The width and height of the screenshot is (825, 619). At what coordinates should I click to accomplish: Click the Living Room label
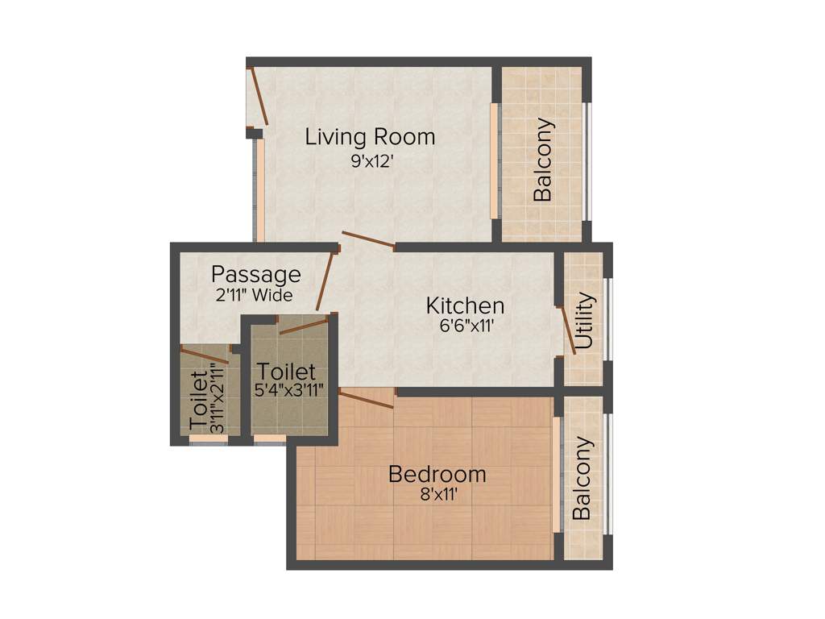click(x=370, y=137)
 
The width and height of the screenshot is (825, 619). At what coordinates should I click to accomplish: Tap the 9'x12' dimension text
click(x=371, y=161)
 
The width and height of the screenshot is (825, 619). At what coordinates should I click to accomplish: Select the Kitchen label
click(x=465, y=306)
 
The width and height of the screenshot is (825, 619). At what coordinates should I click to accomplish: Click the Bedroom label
click(x=437, y=474)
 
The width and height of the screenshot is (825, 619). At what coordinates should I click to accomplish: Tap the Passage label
click(x=256, y=275)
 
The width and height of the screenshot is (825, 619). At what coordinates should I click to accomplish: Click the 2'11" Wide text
click(x=254, y=295)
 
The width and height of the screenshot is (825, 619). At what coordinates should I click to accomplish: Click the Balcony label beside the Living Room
click(x=544, y=160)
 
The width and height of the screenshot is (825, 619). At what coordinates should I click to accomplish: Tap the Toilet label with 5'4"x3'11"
click(x=286, y=372)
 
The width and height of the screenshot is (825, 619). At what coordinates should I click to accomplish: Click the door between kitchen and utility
click(x=566, y=330)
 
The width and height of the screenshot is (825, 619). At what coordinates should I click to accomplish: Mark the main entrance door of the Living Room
click(x=259, y=96)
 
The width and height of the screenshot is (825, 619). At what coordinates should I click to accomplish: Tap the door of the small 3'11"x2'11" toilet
click(x=205, y=355)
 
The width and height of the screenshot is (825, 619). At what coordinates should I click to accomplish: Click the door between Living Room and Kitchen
click(x=368, y=239)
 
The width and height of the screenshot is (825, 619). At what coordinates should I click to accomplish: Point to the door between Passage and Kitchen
click(x=325, y=280)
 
